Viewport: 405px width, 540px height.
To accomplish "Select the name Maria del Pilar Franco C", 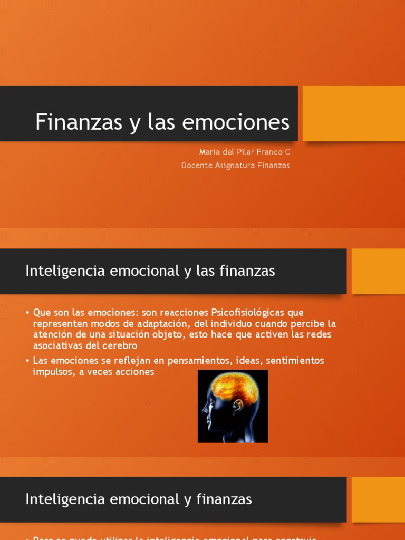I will click(x=244, y=152).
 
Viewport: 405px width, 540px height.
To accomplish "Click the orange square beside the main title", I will click(x=353, y=114).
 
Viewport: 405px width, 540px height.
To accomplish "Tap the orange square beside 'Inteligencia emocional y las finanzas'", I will click(x=378, y=271).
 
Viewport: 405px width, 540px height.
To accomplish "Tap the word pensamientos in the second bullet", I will click(x=232, y=361).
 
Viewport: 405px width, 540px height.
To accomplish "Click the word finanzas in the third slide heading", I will click(x=223, y=499).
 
